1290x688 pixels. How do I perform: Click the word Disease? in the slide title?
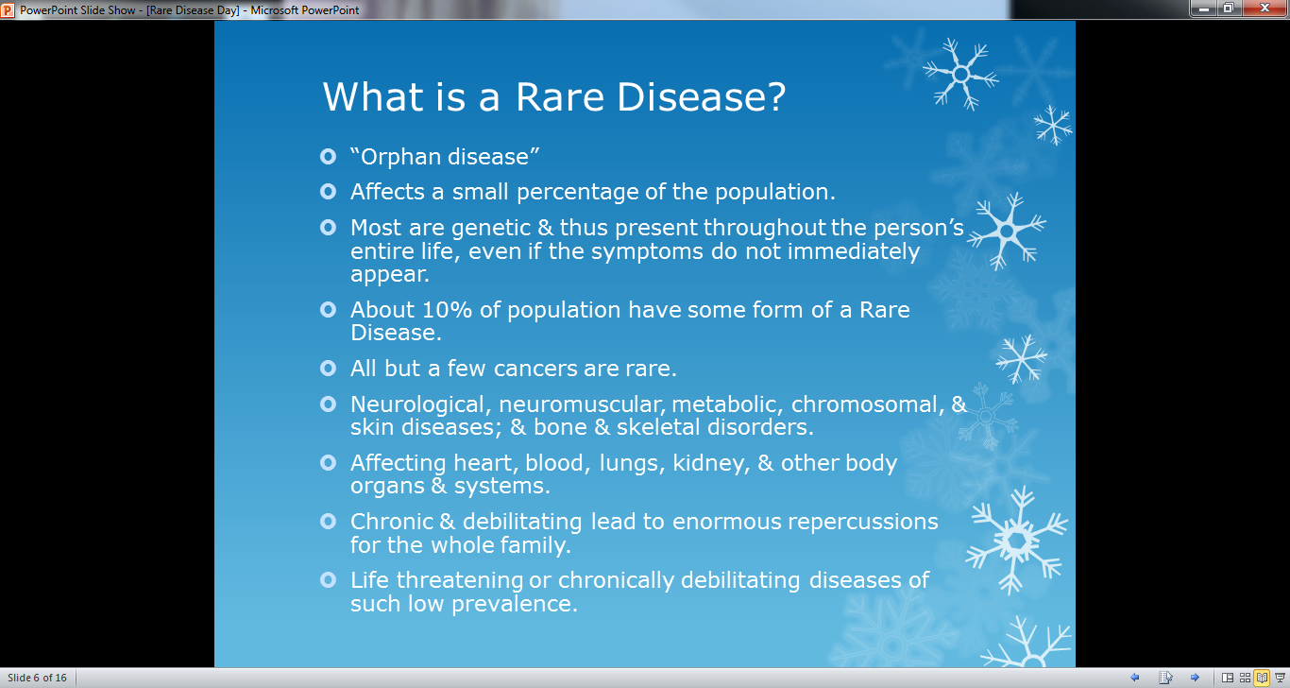pos(702,96)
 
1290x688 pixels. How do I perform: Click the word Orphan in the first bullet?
pos(400,157)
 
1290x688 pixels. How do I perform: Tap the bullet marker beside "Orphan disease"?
pos(329,156)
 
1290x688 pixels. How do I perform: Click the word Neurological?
pos(421,405)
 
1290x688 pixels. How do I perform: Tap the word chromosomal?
pos(868,404)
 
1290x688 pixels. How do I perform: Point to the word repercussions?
pos(863,523)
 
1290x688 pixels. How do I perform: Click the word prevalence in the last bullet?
pos(515,605)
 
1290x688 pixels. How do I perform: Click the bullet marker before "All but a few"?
pos(329,369)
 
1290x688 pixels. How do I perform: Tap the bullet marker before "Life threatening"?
pos(329,579)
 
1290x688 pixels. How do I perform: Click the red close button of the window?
pos(1265,9)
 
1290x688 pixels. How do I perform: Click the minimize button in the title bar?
pos(1204,9)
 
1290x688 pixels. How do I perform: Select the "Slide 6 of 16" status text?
pos(37,678)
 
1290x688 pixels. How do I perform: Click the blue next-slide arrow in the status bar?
pos(1195,678)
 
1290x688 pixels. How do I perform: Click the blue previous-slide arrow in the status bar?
pos(1135,678)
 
